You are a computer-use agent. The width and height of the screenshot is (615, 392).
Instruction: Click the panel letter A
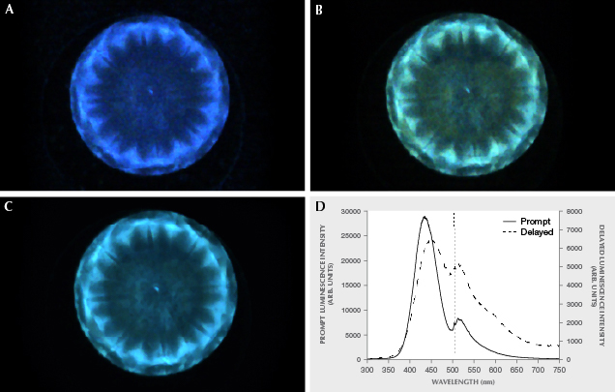11,12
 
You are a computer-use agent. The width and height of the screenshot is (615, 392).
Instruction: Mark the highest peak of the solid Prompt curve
425,218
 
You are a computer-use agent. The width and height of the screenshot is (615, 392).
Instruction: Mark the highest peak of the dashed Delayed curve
432,239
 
